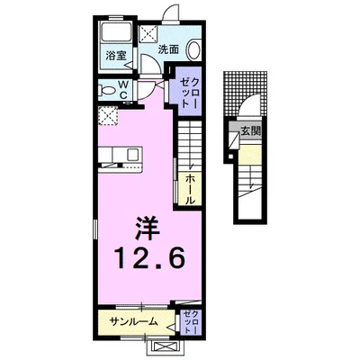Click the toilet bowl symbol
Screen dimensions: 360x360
point(105,91)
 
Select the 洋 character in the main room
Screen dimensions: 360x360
point(147,222)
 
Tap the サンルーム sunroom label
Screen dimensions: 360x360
point(135,321)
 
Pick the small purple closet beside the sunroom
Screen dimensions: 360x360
point(191,320)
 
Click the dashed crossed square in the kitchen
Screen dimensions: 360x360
point(108,115)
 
